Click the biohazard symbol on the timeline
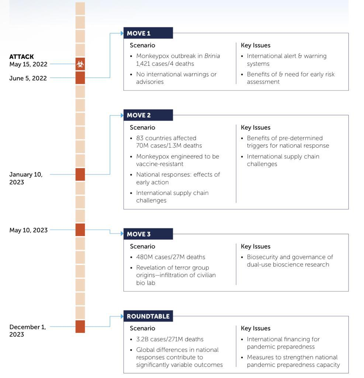pyautogui.click(x=80, y=64)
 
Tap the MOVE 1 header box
pyautogui.click(x=148, y=33)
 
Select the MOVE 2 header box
pyautogui.click(x=148, y=115)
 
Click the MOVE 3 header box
pyautogui.click(x=148, y=234)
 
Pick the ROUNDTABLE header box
pyautogui.click(x=148, y=316)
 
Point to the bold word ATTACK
pyautogui.click(x=22, y=56)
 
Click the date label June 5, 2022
pyautogui.click(x=28, y=78)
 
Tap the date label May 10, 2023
pyautogui.click(x=28, y=230)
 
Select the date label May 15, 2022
pyautogui.click(x=28, y=64)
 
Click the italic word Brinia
pyautogui.click(x=212, y=56)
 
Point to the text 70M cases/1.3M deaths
pyautogui.click(x=169, y=145)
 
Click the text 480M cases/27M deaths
pyautogui.click(x=171, y=257)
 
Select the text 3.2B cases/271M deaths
pyautogui.click(x=170, y=339)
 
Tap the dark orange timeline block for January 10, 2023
pyautogui.click(x=80, y=174)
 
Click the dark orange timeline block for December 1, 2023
pyautogui.click(x=80, y=327)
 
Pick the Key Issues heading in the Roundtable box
pyautogui.click(x=256, y=328)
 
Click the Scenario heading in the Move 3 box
pyautogui.click(x=142, y=246)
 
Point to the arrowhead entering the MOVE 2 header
pyautogui.click(x=122, y=115)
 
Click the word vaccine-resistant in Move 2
pyautogui.click(x=160, y=164)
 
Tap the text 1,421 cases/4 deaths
pyautogui.click(x=165, y=63)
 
